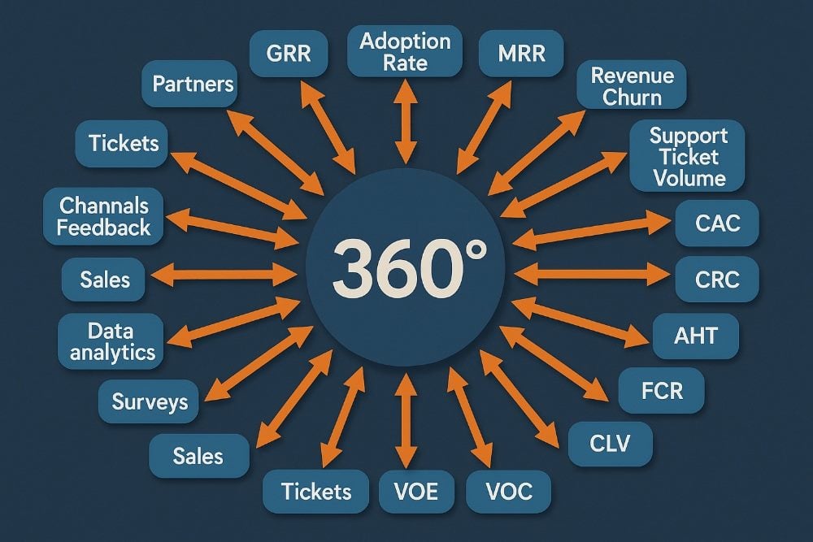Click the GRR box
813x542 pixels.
point(288,54)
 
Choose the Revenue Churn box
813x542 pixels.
point(633,87)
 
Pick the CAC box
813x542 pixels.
point(718,223)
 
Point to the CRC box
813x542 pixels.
point(718,280)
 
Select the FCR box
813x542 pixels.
point(661,391)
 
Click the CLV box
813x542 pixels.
point(610,444)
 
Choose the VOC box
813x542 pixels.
point(509,492)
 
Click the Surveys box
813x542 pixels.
point(150,401)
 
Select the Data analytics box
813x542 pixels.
point(112,341)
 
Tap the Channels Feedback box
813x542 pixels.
point(105,216)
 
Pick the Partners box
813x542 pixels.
point(193,84)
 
